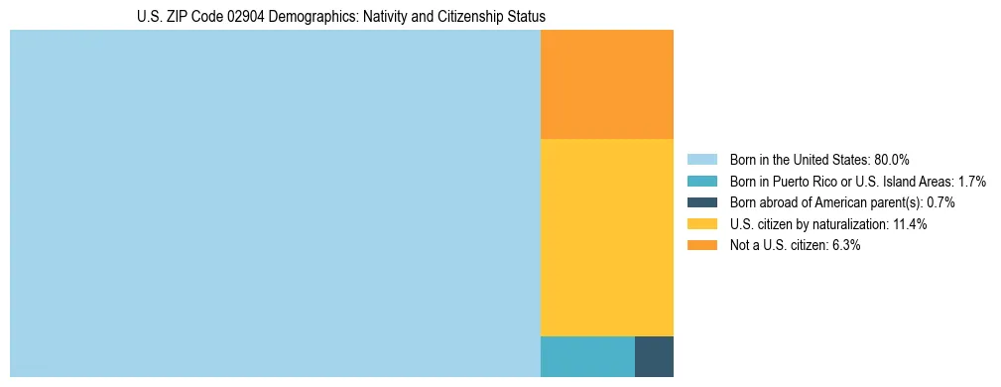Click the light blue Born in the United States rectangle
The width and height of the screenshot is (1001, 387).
275,203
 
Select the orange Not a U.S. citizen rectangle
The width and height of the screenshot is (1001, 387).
606,84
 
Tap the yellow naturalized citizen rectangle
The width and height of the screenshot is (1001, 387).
606,237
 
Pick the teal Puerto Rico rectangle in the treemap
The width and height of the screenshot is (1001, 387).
587,356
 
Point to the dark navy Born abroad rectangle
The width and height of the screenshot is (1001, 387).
654,356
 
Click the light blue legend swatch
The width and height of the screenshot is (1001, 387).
701,160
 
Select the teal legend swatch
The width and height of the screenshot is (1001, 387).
701,182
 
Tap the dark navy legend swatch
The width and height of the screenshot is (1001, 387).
701,202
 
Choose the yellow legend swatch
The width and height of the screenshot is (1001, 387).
701,224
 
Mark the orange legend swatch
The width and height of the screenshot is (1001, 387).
701,245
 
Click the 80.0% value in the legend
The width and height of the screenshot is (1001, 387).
892,160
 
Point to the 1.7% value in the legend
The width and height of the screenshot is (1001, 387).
972,182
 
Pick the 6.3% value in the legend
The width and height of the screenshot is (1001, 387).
845,245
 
